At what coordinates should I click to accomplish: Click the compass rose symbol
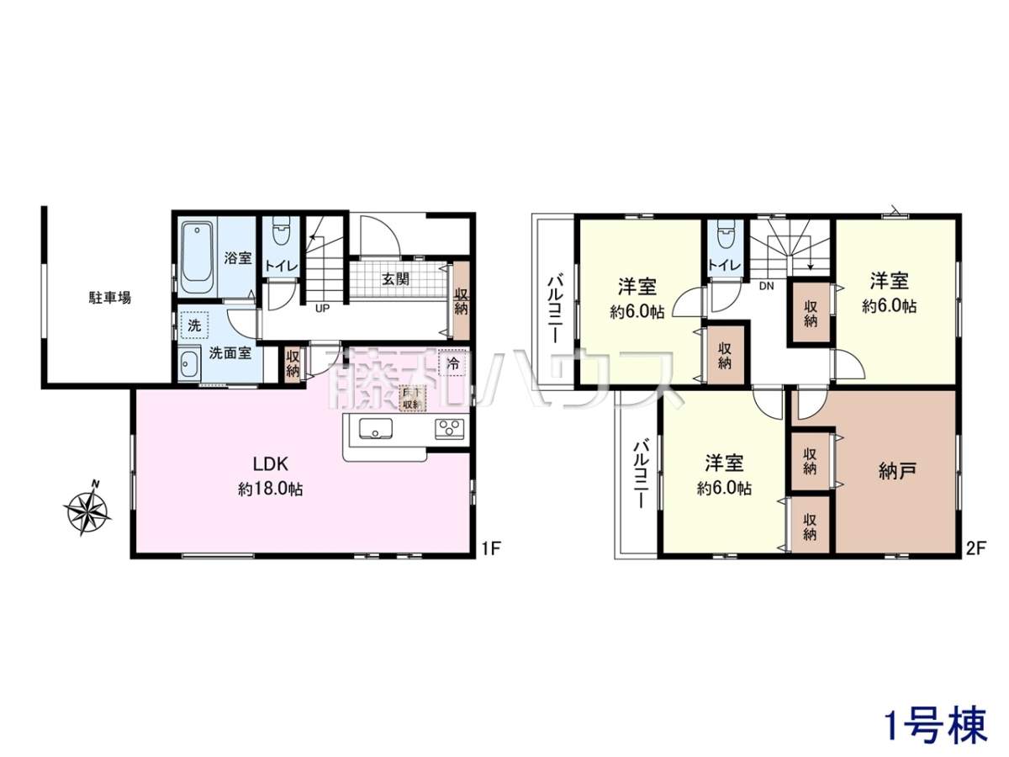pyautogui.click(x=87, y=508)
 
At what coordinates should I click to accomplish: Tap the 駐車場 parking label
pyautogui.click(x=109, y=298)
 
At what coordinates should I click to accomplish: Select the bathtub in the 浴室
pyautogui.click(x=198, y=258)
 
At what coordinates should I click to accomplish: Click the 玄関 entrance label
pyautogui.click(x=396, y=279)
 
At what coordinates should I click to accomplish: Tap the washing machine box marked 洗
pyautogui.click(x=194, y=326)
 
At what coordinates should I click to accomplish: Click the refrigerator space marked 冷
pyautogui.click(x=452, y=364)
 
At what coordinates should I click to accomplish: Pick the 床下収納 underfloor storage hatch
pyautogui.click(x=412, y=398)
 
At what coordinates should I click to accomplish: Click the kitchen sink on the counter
pyautogui.click(x=376, y=429)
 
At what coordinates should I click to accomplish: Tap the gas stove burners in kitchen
pyautogui.click(x=450, y=429)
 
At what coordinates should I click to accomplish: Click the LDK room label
pyautogui.click(x=271, y=463)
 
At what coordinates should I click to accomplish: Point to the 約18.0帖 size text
pyautogui.click(x=270, y=490)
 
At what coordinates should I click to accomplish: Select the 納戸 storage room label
pyautogui.click(x=897, y=471)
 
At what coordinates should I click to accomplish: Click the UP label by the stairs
pyautogui.click(x=322, y=309)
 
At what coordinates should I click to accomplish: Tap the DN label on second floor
pyautogui.click(x=766, y=286)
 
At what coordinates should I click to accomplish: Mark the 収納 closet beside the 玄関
pyautogui.click(x=461, y=301)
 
